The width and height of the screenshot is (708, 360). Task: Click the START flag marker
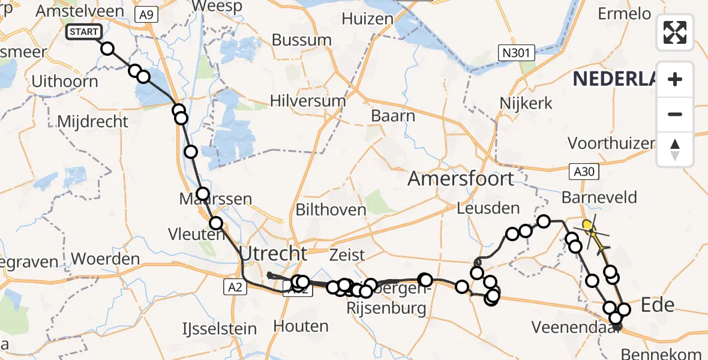point(84,32)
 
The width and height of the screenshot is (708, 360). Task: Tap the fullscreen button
point(675,32)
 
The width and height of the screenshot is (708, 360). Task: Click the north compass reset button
point(675,149)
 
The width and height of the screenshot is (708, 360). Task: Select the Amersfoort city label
point(461,178)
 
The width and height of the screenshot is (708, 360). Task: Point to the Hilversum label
point(308,100)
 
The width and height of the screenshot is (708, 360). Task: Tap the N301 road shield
point(516,53)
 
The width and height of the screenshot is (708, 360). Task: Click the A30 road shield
point(583,172)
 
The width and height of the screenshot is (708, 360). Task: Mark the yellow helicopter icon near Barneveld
point(593,236)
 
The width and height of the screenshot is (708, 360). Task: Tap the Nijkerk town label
point(526,103)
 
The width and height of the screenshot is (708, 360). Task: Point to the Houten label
point(301,326)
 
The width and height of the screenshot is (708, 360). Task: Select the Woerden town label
point(105,259)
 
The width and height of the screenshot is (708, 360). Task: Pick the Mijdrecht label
point(92,121)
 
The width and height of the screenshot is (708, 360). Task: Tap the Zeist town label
point(347,254)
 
